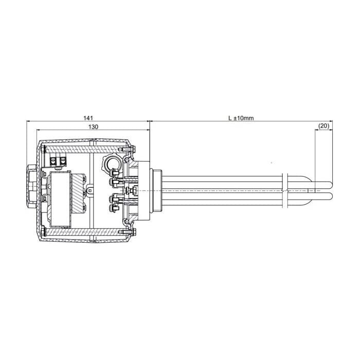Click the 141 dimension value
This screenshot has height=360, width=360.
point(88,118)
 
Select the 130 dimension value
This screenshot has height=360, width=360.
point(93,127)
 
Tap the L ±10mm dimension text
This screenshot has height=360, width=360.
point(241,118)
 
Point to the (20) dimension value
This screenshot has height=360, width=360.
point(324,126)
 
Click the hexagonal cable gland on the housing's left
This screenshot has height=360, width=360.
point(32,186)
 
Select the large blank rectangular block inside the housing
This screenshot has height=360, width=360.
point(60,199)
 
